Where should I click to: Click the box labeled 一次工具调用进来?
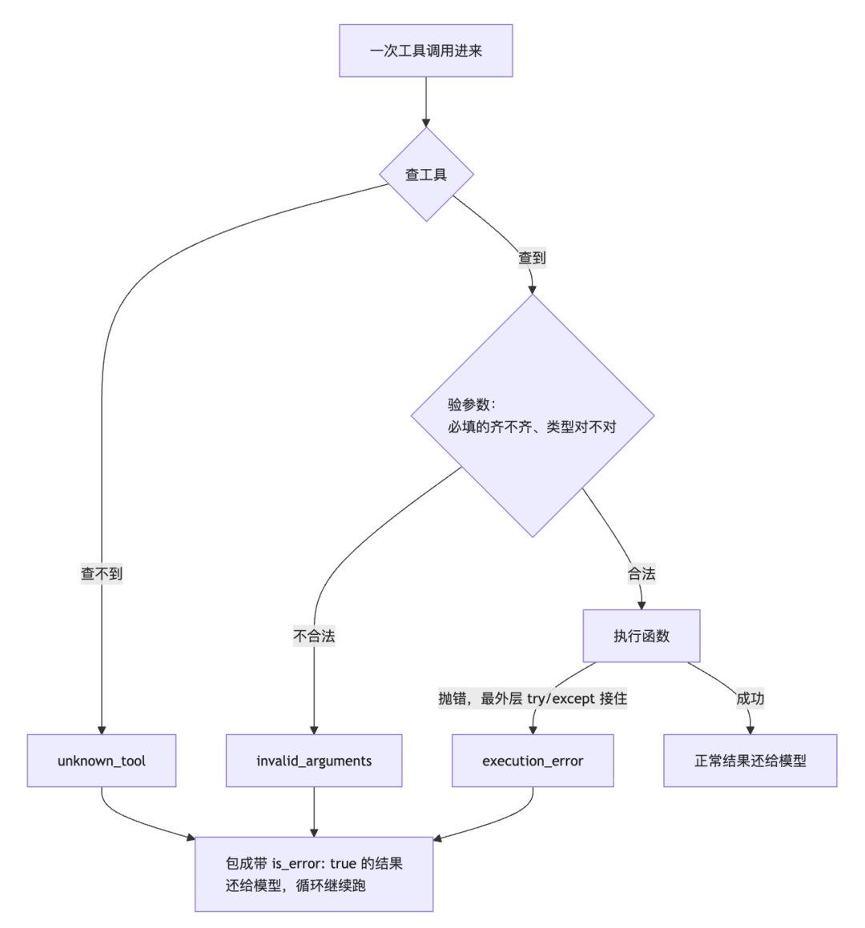click(425, 51)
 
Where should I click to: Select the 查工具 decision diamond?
click(426, 175)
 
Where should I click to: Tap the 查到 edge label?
click(532, 258)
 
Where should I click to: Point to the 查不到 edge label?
click(101, 573)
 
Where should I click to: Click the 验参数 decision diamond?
click(533, 416)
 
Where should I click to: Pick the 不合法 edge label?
click(314, 637)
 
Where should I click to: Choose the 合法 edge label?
click(642, 573)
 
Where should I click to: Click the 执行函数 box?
click(642, 637)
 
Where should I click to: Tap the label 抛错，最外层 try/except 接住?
click(533, 698)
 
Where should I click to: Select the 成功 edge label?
click(750, 698)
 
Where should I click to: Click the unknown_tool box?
click(101, 761)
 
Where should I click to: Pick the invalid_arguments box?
click(314, 761)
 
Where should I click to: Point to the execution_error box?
click(533, 761)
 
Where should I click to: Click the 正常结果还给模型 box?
click(750, 761)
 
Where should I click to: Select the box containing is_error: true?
click(314, 874)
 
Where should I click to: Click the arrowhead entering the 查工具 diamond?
click(425, 123)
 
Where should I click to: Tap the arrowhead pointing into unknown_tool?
click(101, 730)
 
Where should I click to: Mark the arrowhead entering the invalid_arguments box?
click(314, 730)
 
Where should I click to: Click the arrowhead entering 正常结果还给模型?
click(750, 730)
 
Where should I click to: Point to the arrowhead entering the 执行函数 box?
click(642, 605)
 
